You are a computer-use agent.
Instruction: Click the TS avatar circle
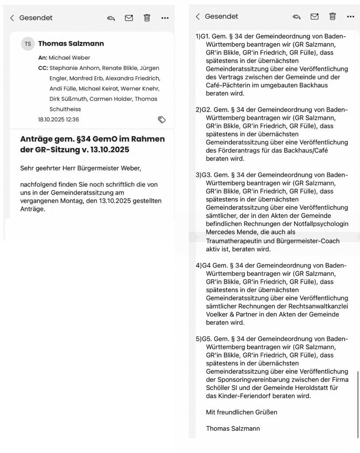(x=27, y=44)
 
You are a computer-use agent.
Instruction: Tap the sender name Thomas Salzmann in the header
(x=71, y=44)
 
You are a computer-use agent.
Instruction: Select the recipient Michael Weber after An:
(x=69, y=58)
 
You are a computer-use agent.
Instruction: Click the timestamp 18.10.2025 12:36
(x=58, y=119)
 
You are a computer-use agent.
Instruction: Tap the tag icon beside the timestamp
(x=162, y=119)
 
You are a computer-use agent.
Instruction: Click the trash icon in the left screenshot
(x=147, y=18)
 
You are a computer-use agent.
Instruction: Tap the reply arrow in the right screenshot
(x=296, y=16)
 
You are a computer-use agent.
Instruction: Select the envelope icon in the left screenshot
(x=129, y=18)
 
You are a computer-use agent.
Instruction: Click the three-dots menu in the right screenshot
(x=351, y=16)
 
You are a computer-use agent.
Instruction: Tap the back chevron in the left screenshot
(x=12, y=18)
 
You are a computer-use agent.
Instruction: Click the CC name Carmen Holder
(x=111, y=99)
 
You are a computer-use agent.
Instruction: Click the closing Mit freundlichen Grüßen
(x=241, y=412)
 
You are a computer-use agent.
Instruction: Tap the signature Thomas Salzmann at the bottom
(x=233, y=428)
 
